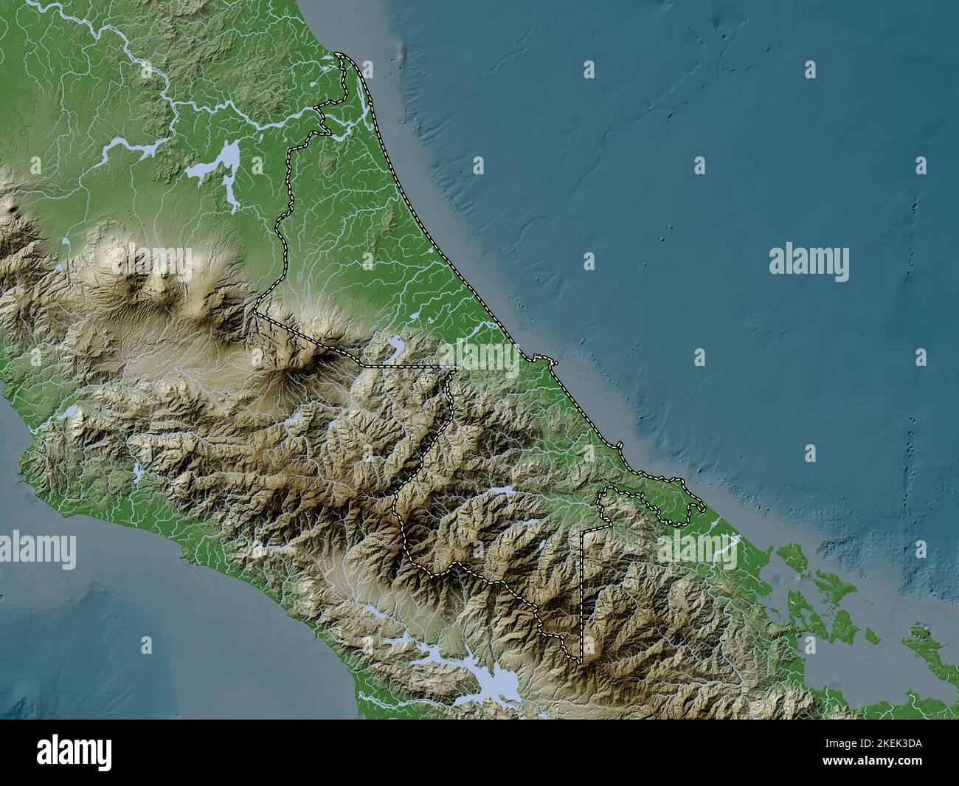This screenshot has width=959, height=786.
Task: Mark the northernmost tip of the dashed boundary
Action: coord(338,54)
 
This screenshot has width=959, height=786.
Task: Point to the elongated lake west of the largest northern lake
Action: coord(122,151)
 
